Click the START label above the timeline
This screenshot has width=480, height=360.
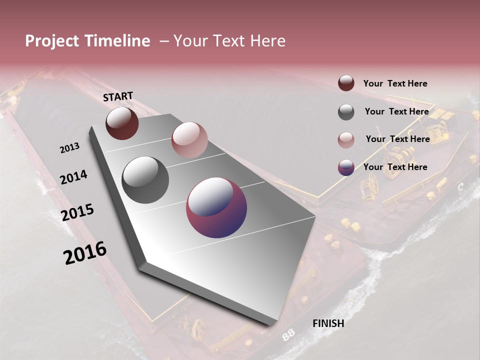(x=118, y=96)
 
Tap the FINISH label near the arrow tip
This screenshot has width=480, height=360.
(x=328, y=323)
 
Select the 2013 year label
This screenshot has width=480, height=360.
(x=69, y=148)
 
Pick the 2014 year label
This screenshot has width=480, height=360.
(x=73, y=177)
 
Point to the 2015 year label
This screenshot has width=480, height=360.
(x=77, y=212)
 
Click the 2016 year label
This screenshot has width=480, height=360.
(x=85, y=252)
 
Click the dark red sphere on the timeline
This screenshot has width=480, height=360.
(x=122, y=123)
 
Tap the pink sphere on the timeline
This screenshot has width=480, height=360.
(x=189, y=140)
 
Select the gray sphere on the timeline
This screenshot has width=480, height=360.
(x=145, y=180)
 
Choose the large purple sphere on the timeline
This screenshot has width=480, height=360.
(x=216, y=207)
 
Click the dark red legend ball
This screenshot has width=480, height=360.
(x=346, y=83)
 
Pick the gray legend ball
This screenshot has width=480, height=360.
(x=346, y=112)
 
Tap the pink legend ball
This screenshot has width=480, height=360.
(x=346, y=140)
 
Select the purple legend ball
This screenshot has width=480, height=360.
(x=346, y=167)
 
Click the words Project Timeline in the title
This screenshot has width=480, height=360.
(x=87, y=41)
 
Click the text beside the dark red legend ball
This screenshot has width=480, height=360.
(x=395, y=83)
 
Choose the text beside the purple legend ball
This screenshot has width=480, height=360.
(x=395, y=167)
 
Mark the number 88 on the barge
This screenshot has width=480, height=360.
(x=288, y=335)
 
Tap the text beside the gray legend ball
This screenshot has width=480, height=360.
(x=396, y=111)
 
